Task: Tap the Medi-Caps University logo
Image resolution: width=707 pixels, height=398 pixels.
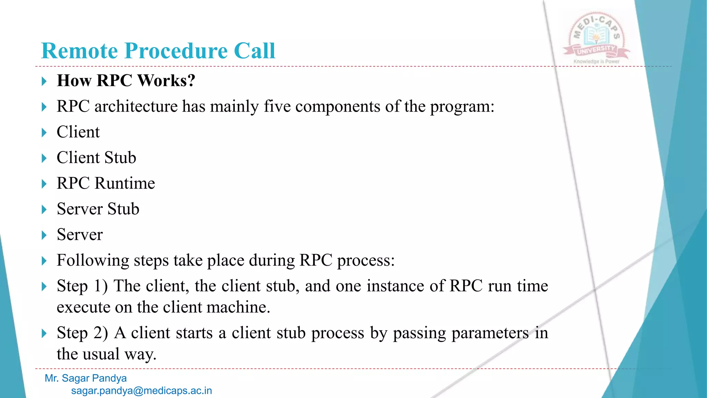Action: point(596,36)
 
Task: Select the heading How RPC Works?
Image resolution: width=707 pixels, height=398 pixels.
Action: point(126,80)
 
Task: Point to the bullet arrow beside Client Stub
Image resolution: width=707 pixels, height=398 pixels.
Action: point(44,159)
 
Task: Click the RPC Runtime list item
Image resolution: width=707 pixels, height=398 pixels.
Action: point(106,183)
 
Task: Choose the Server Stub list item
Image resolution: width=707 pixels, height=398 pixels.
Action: point(98,209)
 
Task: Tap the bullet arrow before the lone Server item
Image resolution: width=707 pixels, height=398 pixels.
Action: point(44,236)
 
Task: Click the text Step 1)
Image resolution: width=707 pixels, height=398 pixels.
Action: point(82,286)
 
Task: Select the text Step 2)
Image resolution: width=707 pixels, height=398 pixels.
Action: point(82,333)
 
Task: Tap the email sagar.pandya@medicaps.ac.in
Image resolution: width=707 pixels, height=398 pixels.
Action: point(142,391)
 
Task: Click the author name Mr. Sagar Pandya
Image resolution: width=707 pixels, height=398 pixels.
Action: point(86,378)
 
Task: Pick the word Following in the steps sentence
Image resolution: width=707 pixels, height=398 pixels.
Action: point(93,260)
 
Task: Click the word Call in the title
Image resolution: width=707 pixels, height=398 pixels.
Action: point(254,51)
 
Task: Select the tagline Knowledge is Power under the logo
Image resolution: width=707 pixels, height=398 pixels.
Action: point(596,61)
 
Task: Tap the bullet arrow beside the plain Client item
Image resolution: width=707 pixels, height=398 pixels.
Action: point(44,133)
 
